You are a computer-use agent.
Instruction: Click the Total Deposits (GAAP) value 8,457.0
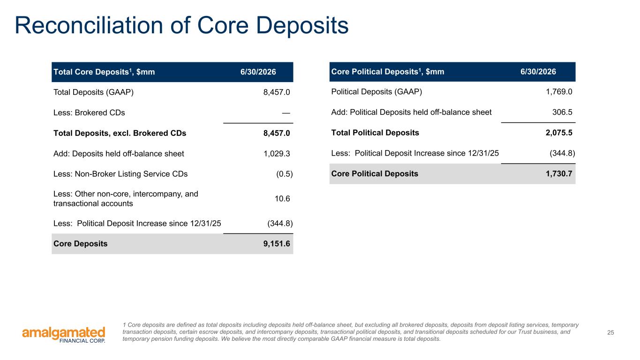pos(277,92)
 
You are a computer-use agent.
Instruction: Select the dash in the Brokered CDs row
pos(286,113)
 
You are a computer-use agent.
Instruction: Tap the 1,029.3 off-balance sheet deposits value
pos(277,154)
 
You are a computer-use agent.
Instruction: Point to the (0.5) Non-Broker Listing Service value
pos(284,174)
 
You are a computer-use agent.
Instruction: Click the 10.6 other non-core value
pos(282,199)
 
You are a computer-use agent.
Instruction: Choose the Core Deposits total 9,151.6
pos(277,244)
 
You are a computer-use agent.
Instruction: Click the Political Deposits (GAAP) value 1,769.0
pos(559,92)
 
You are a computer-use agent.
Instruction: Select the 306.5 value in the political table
pos(562,112)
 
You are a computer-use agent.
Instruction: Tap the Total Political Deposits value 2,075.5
pos(559,133)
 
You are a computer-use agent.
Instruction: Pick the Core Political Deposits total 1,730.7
pos(559,174)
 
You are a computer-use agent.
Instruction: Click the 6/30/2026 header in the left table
pos(258,72)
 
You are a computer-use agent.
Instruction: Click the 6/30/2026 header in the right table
pos(538,71)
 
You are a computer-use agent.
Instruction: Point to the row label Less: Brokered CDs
pos(89,113)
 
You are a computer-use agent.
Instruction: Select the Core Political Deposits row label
pos(375,174)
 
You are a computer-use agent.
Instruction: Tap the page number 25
pos(610,332)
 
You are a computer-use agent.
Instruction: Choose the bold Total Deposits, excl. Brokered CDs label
pos(120,133)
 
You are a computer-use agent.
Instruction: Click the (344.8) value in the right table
pos(562,153)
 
